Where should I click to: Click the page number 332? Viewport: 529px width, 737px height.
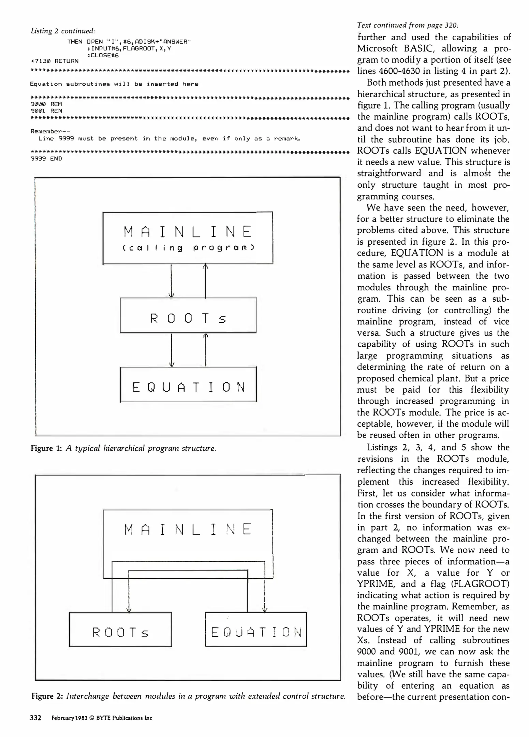pos(35,718)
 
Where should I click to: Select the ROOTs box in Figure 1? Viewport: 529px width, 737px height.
pos(188,315)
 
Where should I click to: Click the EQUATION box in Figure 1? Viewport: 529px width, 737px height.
pos(188,384)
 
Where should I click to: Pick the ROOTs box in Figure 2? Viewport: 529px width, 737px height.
pos(120,630)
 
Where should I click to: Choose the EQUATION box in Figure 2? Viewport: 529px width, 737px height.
pos(256,630)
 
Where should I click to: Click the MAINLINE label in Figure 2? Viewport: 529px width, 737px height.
pos(188,529)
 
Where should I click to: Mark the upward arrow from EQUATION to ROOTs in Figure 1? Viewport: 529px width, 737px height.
pos(206,350)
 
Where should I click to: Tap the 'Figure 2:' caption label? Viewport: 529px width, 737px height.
pos(47,696)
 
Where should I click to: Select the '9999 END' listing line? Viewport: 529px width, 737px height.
pos(46,159)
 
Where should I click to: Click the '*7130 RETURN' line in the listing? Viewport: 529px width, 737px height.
pos(55,61)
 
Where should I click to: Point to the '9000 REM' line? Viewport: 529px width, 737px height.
pos(46,104)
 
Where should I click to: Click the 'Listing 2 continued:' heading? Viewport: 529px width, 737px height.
pos(63,31)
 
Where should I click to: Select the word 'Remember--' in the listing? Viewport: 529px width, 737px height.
pos(50,131)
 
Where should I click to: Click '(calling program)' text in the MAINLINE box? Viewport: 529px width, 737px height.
pos(188,248)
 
